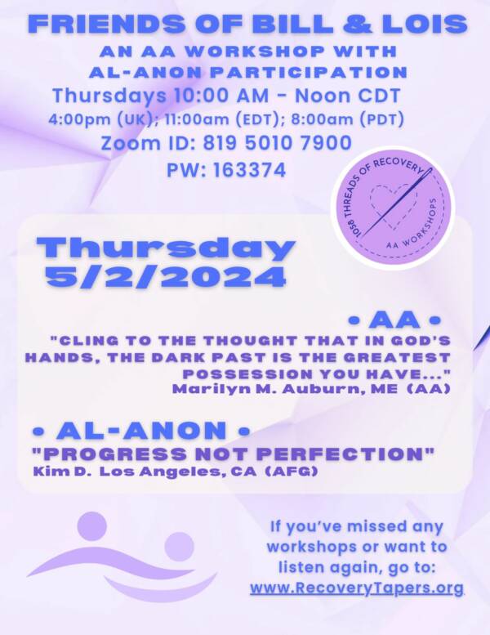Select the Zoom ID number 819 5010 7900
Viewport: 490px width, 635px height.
277,143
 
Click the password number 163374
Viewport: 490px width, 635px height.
249,170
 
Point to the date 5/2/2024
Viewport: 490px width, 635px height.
166,277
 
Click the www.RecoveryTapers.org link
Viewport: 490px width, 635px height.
357,588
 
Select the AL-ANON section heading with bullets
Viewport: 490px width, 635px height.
141,430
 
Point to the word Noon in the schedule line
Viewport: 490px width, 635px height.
323,96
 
